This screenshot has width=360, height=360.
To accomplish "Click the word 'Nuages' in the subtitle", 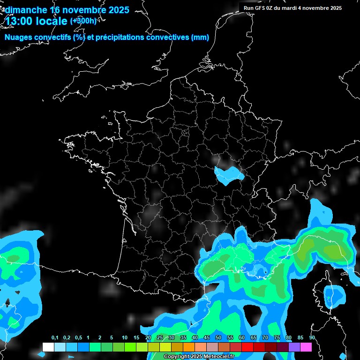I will pos(19,37).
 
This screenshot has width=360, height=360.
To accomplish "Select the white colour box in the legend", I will pos(48,347).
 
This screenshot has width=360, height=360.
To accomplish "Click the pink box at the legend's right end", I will pos(306,347).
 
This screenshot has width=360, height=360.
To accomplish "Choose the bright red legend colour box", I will pos(247,347).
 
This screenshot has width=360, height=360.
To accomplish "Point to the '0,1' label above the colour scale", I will pos(55,338).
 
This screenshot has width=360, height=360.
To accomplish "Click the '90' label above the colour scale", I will pos(312,338).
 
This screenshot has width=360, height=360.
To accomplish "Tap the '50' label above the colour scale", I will pos(218,338).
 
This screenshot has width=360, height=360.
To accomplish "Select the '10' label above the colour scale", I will pos(125,338).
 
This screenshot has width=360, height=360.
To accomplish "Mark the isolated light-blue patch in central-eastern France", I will pos(228,174).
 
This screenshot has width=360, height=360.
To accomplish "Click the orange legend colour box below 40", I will pos(189,347).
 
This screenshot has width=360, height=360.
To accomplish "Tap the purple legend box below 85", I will pos(294,347).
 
